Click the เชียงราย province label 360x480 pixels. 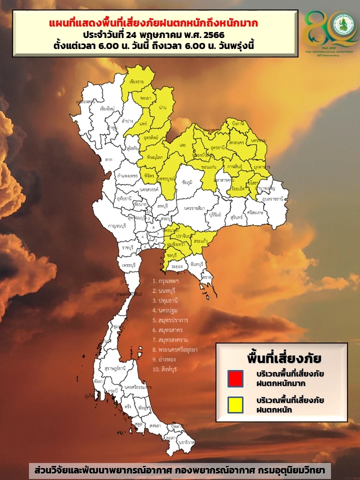tap(137, 81)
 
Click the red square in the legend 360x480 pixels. tap(235, 378)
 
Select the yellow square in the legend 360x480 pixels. tap(235, 404)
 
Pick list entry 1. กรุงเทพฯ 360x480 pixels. tap(166, 281)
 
